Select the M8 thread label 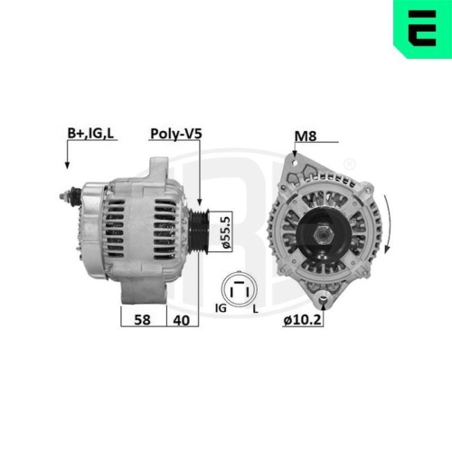pos(306,137)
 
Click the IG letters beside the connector pos(219,309)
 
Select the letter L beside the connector pos(256,309)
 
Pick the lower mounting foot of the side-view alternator pos(145,288)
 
